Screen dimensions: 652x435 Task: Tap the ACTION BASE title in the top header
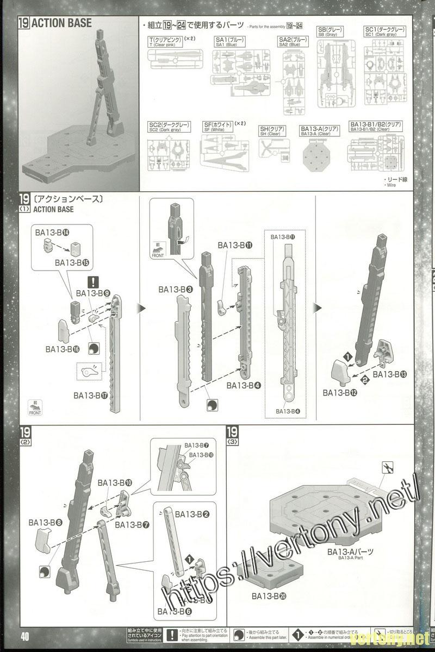(61, 23)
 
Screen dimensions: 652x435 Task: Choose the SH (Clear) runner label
(270, 131)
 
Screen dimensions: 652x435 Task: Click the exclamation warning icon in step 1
(94, 281)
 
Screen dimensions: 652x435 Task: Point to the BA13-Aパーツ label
(350, 552)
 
